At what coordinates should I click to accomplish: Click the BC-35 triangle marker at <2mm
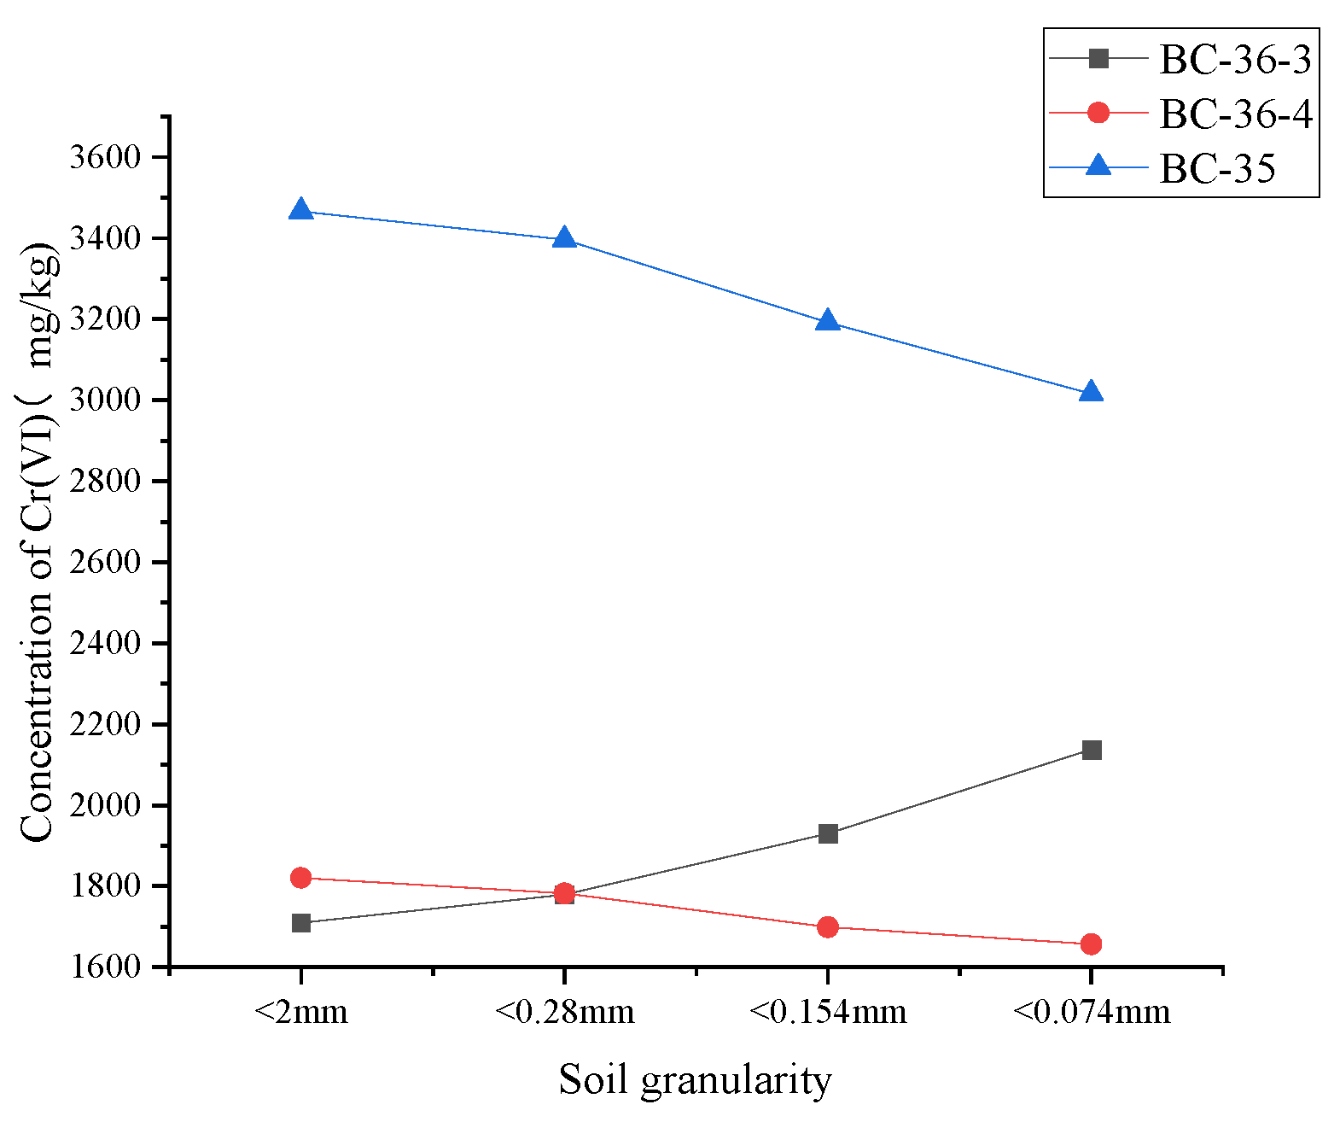(x=300, y=209)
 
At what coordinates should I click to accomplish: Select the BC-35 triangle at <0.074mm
(x=1091, y=392)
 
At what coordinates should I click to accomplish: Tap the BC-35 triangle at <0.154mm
(x=827, y=321)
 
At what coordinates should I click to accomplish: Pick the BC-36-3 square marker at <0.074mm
(x=1091, y=750)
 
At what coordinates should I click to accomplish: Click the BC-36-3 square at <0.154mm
(x=827, y=833)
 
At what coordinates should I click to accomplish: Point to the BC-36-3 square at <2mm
(x=300, y=923)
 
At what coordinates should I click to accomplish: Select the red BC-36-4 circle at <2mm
(x=300, y=878)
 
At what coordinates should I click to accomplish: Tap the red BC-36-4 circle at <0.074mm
(x=1091, y=944)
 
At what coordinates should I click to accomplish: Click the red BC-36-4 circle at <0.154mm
(x=827, y=927)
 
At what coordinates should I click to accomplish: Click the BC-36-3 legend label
(x=1235, y=59)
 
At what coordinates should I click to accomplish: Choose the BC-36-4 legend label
(x=1235, y=114)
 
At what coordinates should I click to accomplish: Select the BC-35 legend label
(x=1217, y=168)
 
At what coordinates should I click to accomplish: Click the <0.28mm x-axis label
(x=564, y=1013)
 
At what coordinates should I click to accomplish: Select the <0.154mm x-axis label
(x=827, y=1013)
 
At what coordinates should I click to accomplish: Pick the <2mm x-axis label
(x=300, y=1013)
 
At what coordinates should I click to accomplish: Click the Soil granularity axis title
(x=695, y=1080)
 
